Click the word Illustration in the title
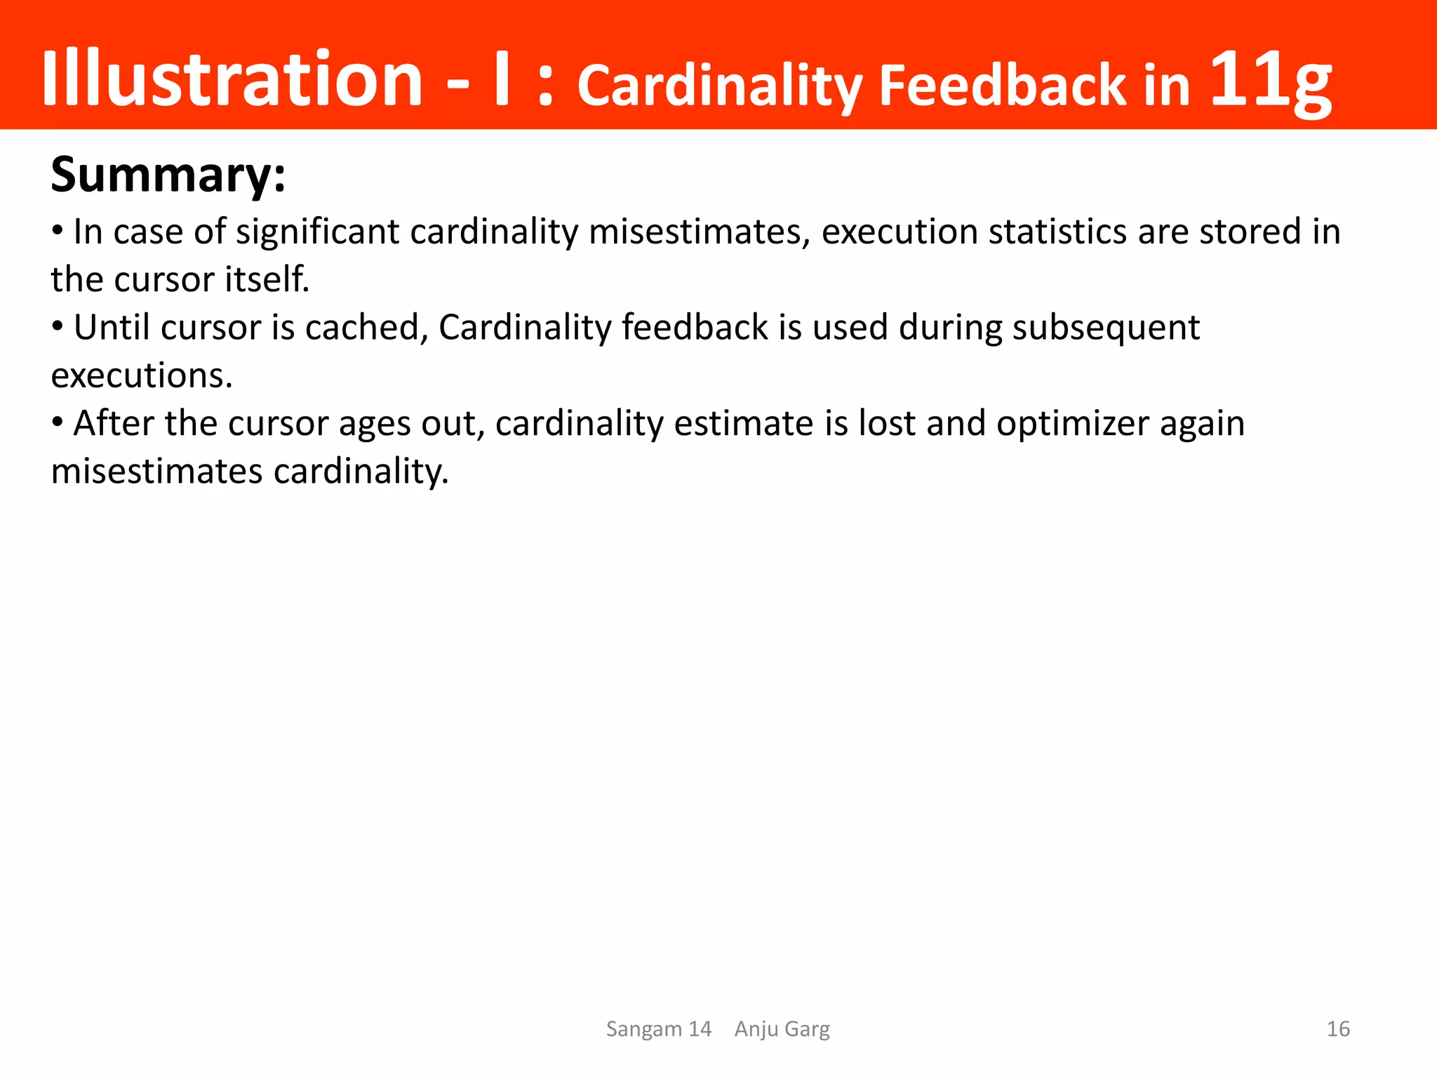click(x=232, y=79)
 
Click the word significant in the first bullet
click(x=318, y=232)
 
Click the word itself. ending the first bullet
click(x=267, y=279)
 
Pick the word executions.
click(x=141, y=375)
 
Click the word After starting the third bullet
click(x=113, y=423)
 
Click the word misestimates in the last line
click(x=156, y=471)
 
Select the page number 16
click(x=1338, y=1029)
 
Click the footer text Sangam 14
click(x=658, y=1029)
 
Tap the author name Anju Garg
click(x=782, y=1029)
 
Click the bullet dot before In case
click(x=58, y=230)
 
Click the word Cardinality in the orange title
click(x=720, y=86)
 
